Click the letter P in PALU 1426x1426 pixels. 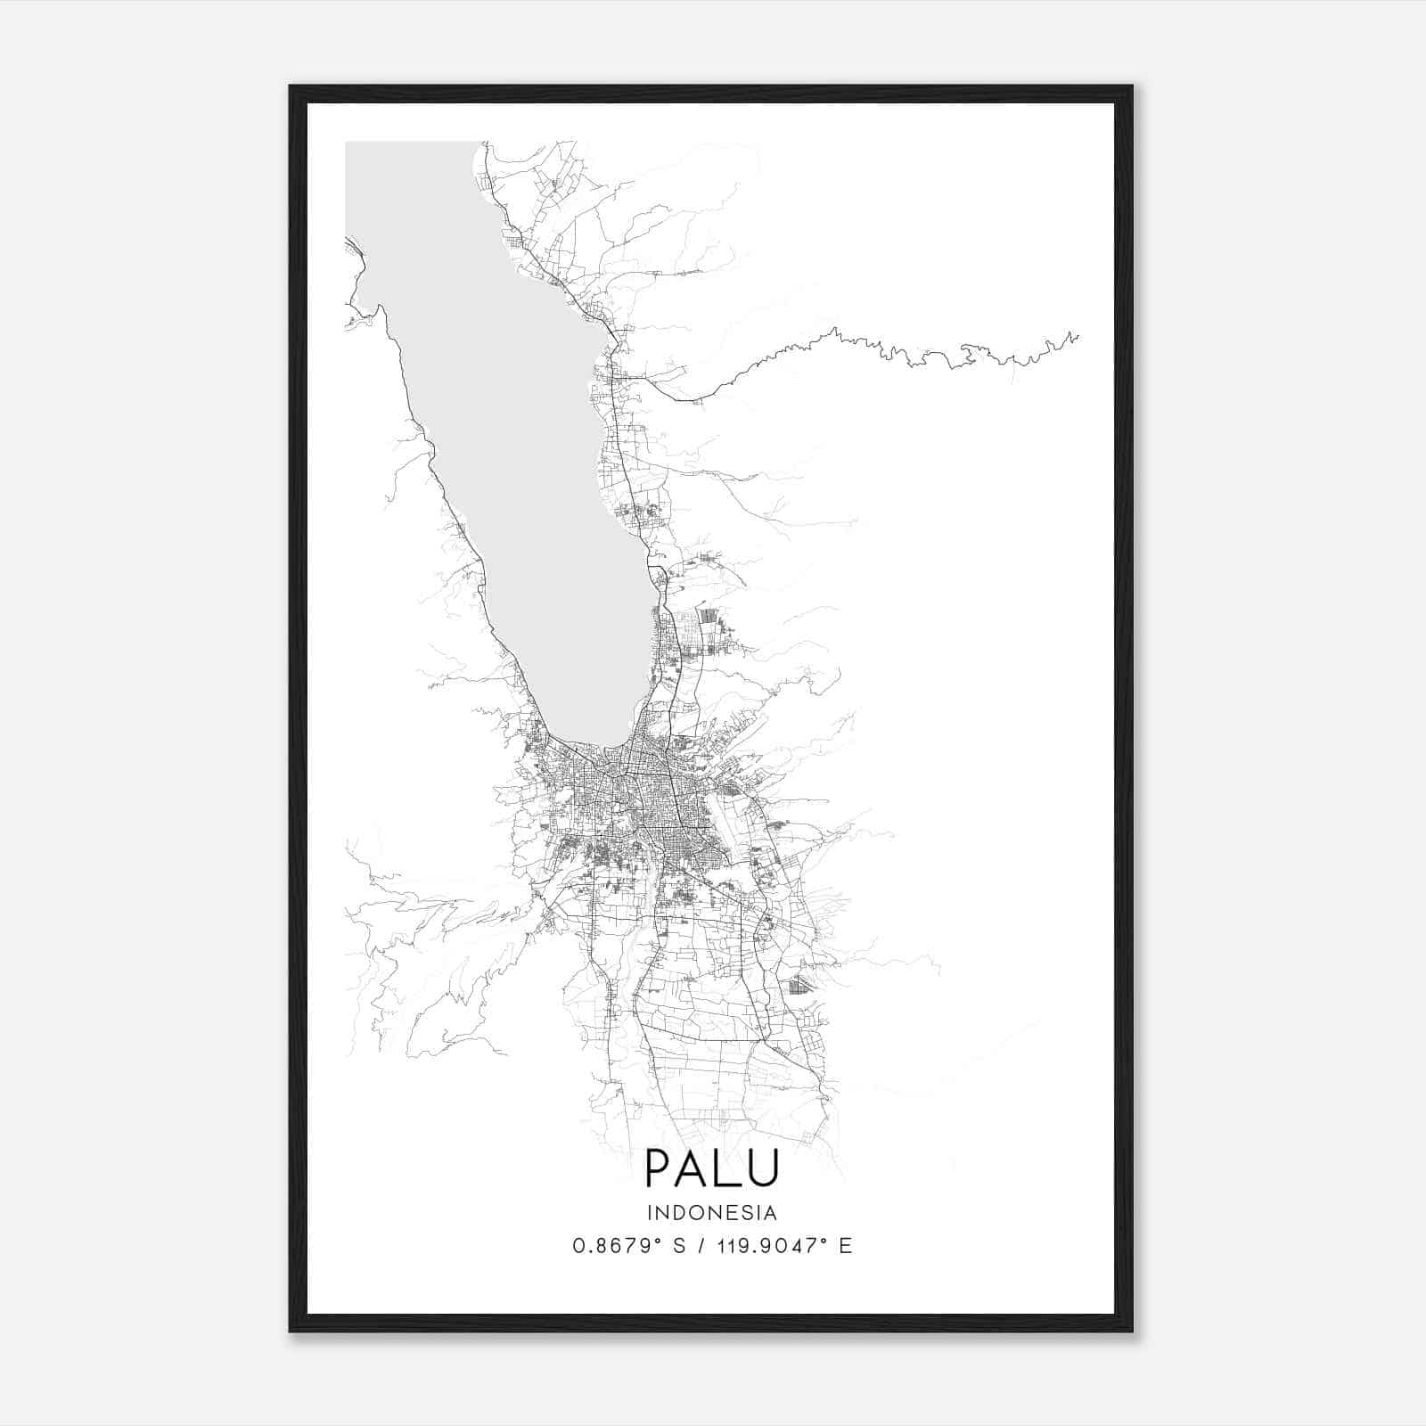(660, 1168)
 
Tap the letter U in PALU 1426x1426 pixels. (763, 1168)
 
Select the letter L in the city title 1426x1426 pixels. (728, 1168)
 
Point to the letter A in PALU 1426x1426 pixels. (695, 1168)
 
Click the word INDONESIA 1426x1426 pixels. (712, 1213)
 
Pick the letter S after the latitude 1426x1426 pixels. (679, 1246)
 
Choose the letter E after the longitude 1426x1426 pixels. (846, 1246)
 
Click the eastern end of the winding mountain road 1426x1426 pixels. (1078, 336)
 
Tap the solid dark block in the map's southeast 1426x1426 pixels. (799, 985)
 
